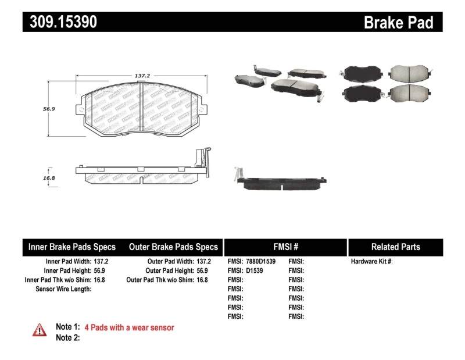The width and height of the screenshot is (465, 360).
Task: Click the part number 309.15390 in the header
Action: coord(60,22)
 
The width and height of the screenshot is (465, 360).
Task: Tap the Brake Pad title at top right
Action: coord(398,22)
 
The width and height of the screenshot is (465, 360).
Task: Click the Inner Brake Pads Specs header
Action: coord(72,247)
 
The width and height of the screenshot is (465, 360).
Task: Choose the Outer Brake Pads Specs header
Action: coord(173,247)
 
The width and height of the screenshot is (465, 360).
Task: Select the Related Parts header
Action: coord(395,247)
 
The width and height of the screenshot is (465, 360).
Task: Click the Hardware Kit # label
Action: coord(371,262)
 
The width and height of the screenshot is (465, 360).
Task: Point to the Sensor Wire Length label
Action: coord(64,288)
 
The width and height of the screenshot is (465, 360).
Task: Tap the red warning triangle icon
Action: coord(40,329)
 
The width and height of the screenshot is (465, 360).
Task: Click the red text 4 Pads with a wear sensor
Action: coord(129,327)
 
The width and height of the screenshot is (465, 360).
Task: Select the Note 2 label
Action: coord(67,337)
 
